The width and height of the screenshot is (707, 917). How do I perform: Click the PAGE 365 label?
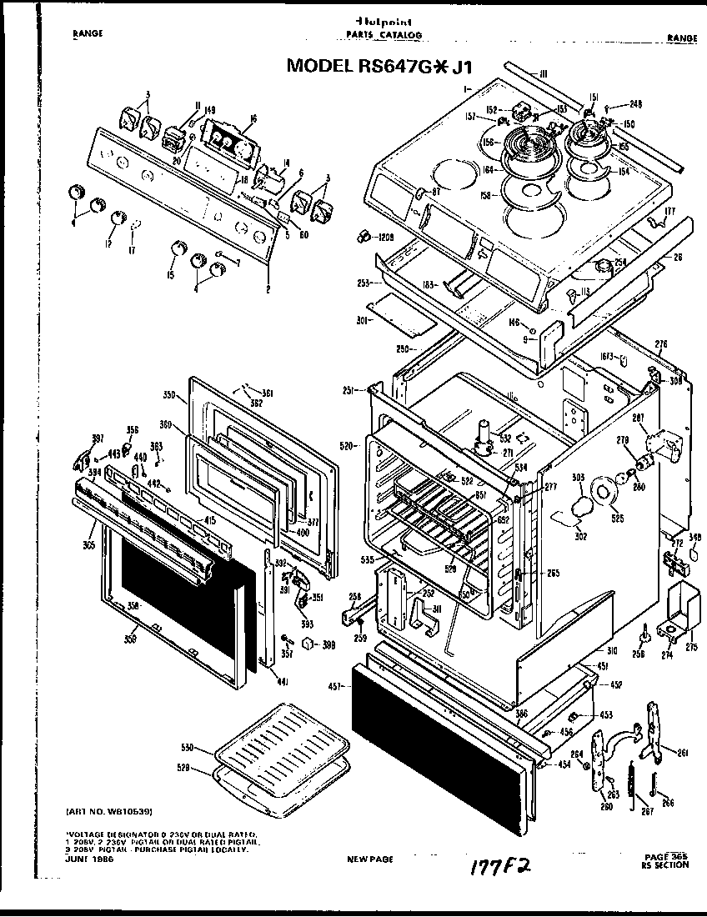pos(664,856)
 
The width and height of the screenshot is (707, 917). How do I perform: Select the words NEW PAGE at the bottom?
pos(369,859)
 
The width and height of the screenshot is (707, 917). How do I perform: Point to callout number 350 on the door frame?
pos(168,393)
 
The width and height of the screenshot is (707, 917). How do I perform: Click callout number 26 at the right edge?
pos(677,257)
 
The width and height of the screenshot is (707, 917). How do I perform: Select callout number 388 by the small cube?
pos(329,644)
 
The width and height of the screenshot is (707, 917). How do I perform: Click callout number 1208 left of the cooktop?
pos(384,238)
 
